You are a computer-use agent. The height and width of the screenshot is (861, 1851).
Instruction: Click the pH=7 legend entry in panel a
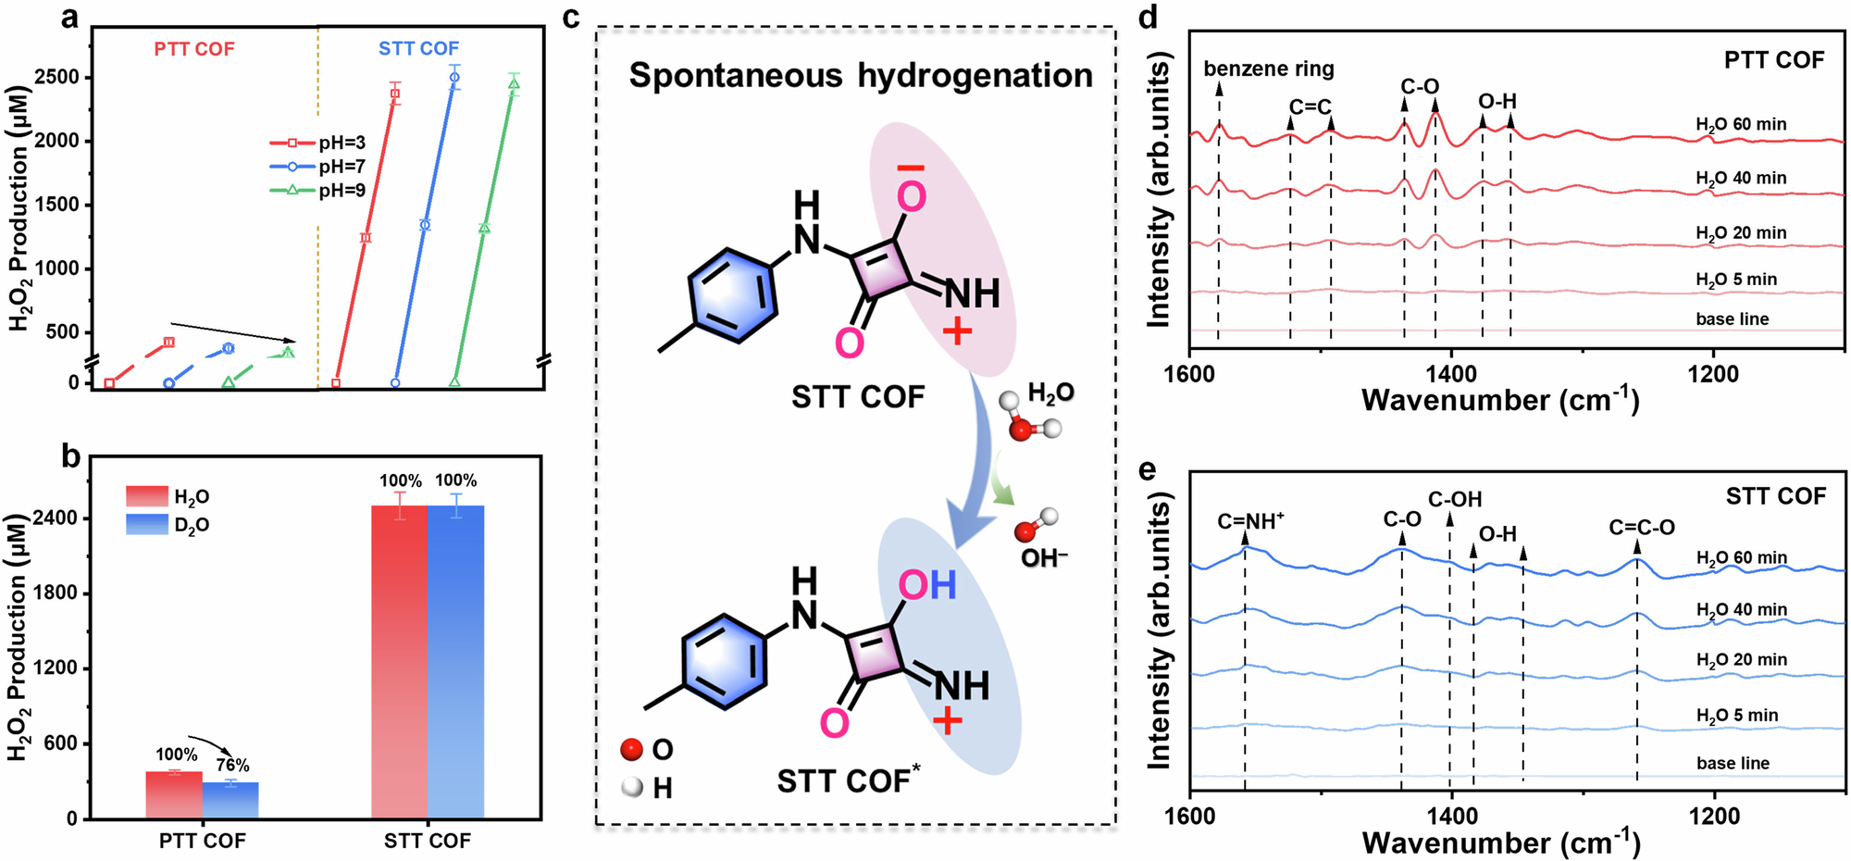point(341,167)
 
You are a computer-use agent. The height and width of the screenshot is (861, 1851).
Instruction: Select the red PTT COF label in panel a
point(194,49)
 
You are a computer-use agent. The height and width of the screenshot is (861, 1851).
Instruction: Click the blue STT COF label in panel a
point(418,49)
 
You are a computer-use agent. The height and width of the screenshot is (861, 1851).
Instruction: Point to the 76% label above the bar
point(232,766)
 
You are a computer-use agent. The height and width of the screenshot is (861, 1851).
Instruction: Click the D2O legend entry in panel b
point(191,525)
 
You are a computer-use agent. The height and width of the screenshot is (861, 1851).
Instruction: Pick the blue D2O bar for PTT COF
point(230,801)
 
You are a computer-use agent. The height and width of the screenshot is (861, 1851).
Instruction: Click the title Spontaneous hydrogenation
point(861,76)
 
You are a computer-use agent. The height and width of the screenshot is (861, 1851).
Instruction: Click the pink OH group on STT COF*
point(927,585)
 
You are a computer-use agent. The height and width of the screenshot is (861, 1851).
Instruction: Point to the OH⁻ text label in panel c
point(1044,558)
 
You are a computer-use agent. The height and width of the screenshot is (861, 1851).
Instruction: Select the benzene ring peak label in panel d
point(1268,69)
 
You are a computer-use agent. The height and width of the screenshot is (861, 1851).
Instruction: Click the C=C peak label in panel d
point(1310,107)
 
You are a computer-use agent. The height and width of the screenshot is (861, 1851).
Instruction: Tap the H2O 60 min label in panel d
point(1741,125)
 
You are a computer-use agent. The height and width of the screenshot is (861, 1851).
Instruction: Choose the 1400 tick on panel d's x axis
point(1450,374)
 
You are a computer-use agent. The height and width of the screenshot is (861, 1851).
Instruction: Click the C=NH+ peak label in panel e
point(1250,522)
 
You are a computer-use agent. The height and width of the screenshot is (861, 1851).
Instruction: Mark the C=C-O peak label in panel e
point(1641,528)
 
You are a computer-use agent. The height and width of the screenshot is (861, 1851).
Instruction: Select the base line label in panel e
point(1733,764)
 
